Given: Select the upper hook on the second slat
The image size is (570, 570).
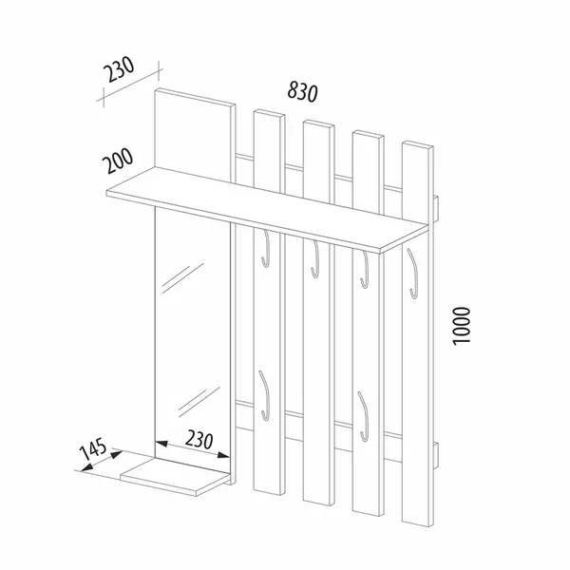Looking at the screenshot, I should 313,259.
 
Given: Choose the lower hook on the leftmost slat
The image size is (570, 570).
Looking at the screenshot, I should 265,394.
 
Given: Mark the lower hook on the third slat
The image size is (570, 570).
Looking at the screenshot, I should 362,408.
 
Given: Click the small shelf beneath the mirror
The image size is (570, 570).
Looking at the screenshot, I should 178,477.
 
